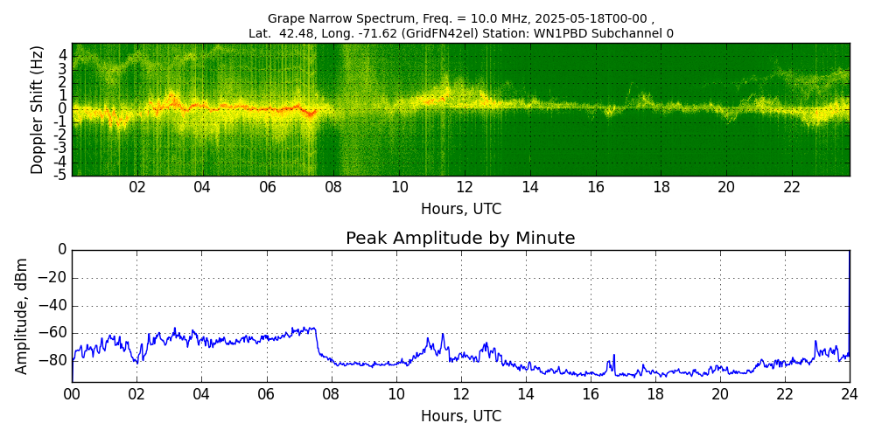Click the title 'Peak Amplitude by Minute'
pos(460,239)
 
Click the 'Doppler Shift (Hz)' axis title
pos(38,109)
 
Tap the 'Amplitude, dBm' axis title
pos(22,316)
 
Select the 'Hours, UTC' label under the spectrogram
pos(461,210)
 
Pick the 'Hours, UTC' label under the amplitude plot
pos(461,416)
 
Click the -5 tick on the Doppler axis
pos(61,175)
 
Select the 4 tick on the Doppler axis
pos(63,54)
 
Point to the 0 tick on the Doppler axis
pos(63,108)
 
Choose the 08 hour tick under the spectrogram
pos(333,187)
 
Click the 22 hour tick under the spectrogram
pos(792,187)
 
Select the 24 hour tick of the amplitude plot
pos(850,393)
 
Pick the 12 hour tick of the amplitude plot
pos(460,393)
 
